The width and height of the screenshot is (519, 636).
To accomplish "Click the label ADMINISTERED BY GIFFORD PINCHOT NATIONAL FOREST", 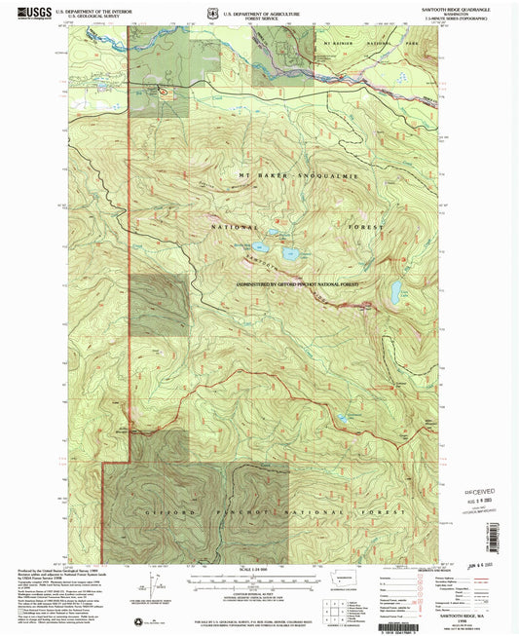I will pyautogui.click(x=296, y=284).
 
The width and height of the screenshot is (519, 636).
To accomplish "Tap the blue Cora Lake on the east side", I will pyautogui.click(x=397, y=289).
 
